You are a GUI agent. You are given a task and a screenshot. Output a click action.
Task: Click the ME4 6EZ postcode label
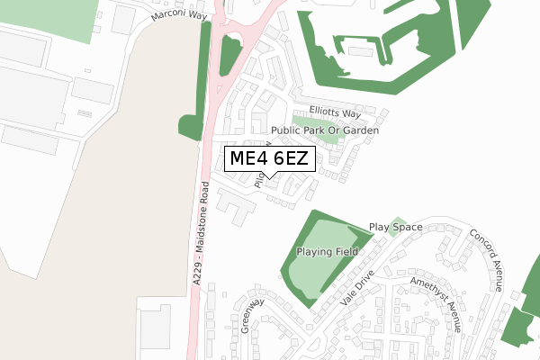[270, 159]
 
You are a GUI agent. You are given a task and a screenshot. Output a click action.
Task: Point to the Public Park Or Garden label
[325, 130]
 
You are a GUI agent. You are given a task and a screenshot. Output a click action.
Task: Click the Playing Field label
[328, 252]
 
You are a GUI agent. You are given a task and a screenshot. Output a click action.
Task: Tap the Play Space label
[395, 228]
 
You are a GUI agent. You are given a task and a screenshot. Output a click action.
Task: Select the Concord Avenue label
[486, 259]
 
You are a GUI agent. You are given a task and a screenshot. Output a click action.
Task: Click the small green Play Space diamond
[400, 222]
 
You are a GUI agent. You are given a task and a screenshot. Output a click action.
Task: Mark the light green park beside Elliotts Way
[316, 126]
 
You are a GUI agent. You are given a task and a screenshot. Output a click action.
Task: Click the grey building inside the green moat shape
[359, 51]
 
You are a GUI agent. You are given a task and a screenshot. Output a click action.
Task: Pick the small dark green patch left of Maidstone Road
[191, 127]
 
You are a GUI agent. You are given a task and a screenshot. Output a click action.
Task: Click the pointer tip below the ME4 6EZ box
[270, 177]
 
